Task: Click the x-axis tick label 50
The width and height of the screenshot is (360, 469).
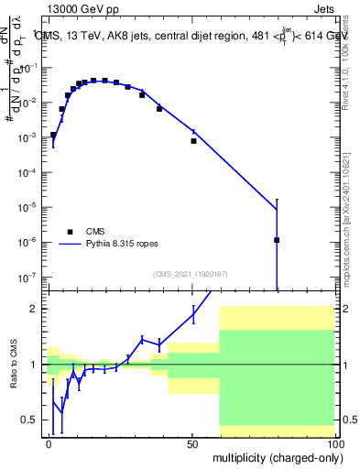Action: click(192, 443)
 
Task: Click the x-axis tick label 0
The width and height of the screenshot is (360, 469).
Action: click(49, 443)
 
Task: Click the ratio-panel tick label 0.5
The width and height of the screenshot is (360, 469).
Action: click(29, 420)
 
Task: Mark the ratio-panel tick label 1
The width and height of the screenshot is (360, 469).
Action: click(34, 365)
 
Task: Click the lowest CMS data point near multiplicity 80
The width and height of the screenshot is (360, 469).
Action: click(277, 240)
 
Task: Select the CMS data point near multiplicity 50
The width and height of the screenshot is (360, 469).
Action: click(193, 141)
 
